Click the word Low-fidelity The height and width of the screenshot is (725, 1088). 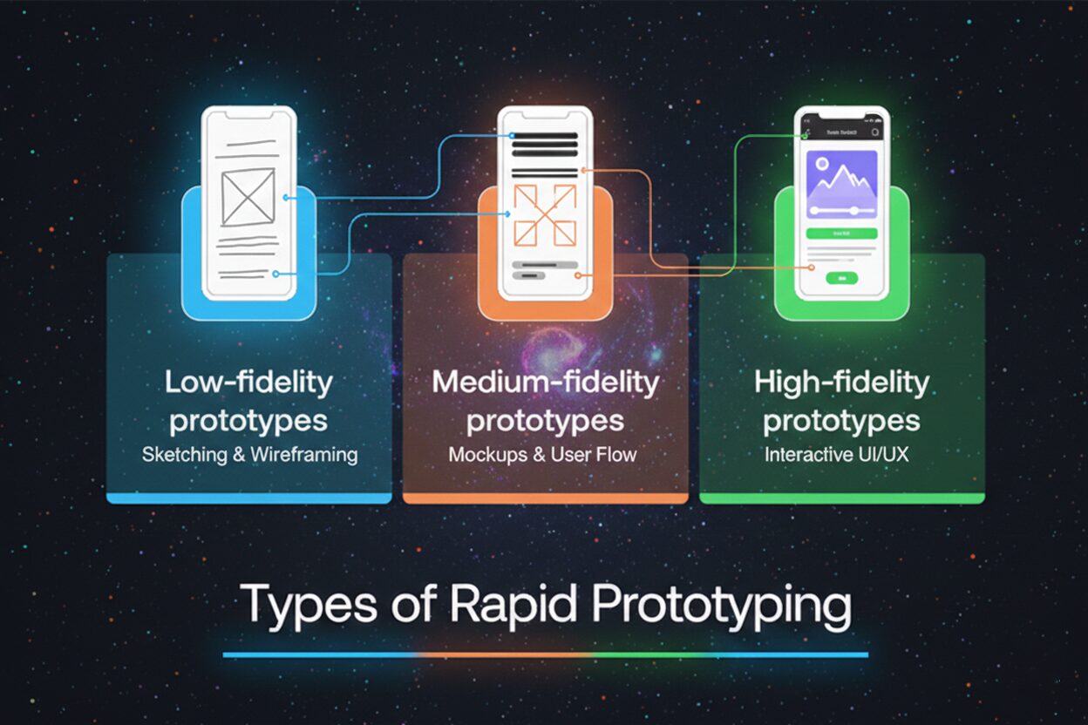248,383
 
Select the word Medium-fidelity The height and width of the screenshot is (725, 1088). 545,383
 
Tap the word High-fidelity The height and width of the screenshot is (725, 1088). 841,383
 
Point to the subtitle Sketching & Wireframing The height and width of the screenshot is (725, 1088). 249,454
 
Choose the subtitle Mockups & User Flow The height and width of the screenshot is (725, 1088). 542,454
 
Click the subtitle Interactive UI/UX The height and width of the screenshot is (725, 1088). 836,454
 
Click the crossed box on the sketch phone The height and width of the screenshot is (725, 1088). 248,197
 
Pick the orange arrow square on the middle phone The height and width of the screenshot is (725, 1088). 545,214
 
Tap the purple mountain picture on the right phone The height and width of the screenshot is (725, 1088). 842,183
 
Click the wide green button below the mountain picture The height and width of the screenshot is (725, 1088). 841,234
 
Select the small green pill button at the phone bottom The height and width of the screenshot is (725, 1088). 842,278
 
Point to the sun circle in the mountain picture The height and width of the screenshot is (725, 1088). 821,163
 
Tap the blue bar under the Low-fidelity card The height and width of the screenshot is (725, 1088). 249,498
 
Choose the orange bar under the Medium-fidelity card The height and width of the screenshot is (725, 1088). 545,498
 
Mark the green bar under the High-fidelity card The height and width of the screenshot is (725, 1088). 842,498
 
